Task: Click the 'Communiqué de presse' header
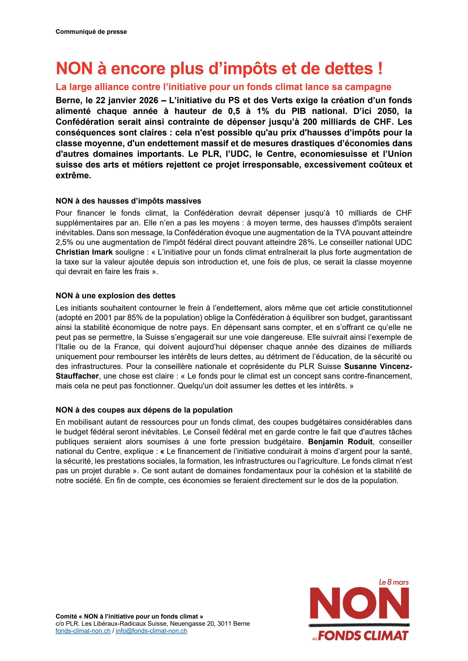(x=91, y=32)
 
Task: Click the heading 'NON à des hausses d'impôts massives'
(x=128, y=201)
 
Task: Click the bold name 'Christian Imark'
(x=84, y=252)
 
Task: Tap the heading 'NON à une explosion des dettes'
(x=115, y=296)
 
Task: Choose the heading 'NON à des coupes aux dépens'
(x=144, y=410)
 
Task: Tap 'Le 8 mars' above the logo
(x=393, y=582)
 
